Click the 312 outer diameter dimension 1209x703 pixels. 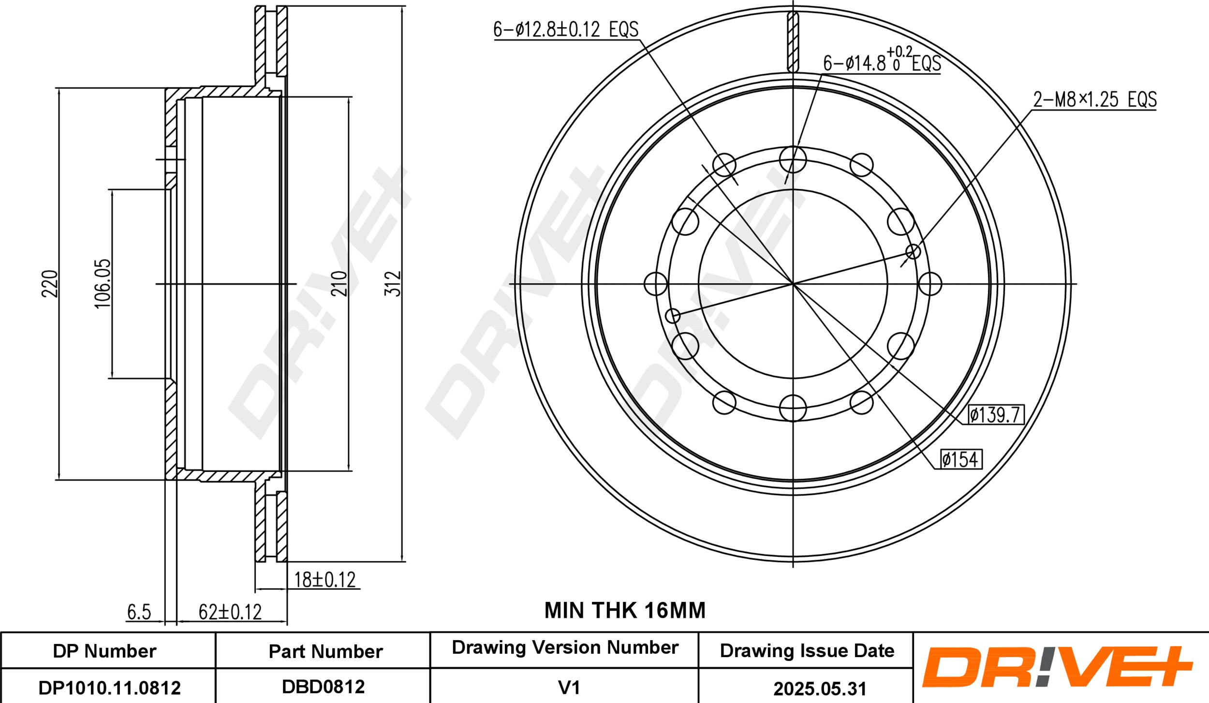pyautogui.click(x=395, y=283)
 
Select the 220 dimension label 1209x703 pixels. pyautogui.click(x=50, y=283)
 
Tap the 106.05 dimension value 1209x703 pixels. pyautogui.click(x=103, y=283)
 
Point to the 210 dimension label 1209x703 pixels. pyautogui.click(x=339, y=283)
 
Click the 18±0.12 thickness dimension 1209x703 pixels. pyautogui.click(x=325, y=580)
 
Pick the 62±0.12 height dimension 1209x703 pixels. pyautogui.click(x=230, y=612)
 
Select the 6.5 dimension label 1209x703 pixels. pyautogui.click(x=139, y=613)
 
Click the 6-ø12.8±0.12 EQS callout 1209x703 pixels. pyautogui.click(x=566, y=30)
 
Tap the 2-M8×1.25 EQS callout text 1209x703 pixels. pyautogui.click(x=1095, y=100)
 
